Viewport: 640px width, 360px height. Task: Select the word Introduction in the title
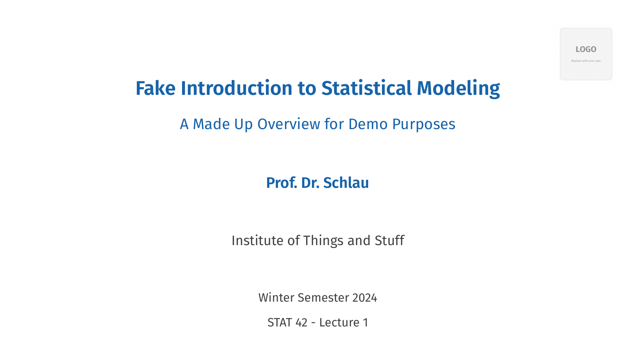pos(236,88)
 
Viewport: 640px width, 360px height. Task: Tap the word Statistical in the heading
pos(366,88)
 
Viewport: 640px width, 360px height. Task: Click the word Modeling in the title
pos(458,88)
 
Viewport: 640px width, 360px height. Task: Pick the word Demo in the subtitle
pos(368,124)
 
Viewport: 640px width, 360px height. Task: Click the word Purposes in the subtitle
pos(424,124)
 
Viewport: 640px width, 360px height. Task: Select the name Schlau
pos(346,183)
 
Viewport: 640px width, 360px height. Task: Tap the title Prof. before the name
pos(281,183)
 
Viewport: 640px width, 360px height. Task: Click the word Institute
pos(257,241)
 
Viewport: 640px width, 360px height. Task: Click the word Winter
pos(276,298)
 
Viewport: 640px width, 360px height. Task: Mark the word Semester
pos(323,298)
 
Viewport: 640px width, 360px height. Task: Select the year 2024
pos(365,298)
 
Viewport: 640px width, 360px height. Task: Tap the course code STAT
pos(279,322)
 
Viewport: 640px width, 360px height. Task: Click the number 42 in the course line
pos(301,322)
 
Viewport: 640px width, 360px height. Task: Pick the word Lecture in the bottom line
pos(339,322)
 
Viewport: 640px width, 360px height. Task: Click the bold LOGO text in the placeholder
pos(586,49)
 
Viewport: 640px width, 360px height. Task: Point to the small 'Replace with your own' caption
pos(586,61)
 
